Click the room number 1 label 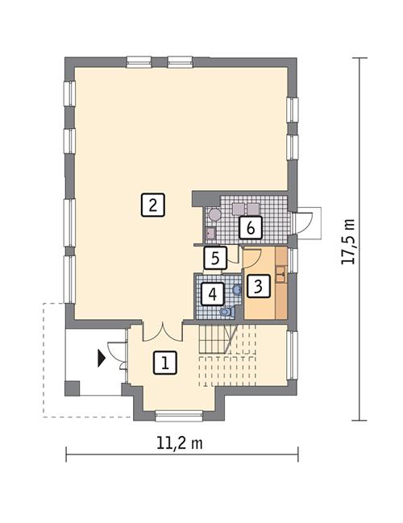click(164, 363)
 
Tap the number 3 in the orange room click(258, 285)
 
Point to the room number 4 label click(212, 293)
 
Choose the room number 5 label click(214, 258)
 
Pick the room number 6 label click(250, 228)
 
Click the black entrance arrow click(101, 357)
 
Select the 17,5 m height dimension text click(348, 241)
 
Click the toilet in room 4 click(226, 310)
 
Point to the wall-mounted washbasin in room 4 click(236, 288)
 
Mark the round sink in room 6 click(214, 215)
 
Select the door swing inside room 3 click(251, 259)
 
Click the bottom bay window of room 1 click(178, 417)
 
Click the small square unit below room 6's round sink click(210, 234)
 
